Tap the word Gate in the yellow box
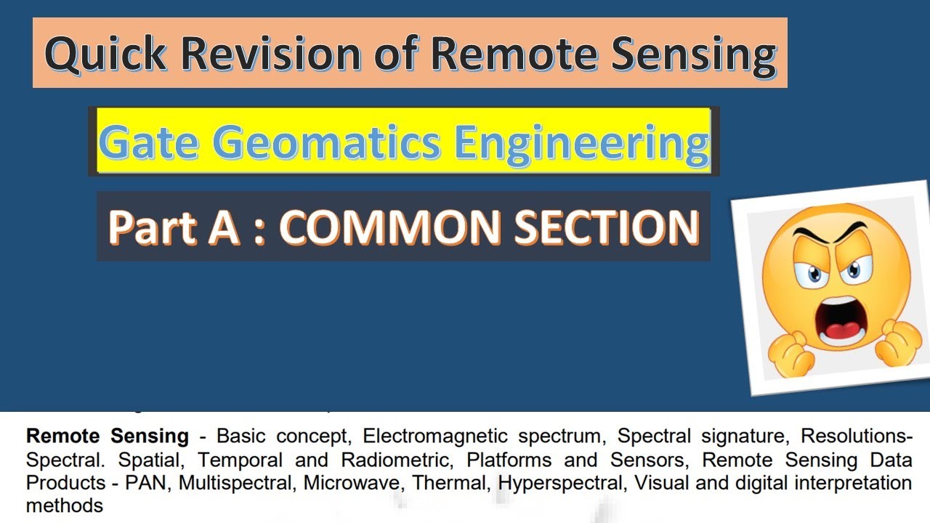pyautogui.click(x=148, y=142)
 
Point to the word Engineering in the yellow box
pyautogui.click(x=582, y=142)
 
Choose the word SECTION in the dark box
pyautogui.click(x=607, y=227)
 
